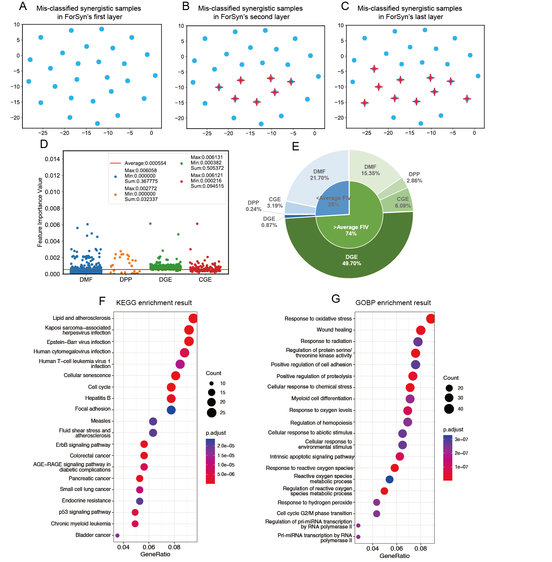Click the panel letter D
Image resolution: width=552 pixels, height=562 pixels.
click(44, 144)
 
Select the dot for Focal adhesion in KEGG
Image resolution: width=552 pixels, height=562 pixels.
click(171, 410)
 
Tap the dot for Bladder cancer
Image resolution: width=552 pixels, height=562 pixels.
click(117, 536)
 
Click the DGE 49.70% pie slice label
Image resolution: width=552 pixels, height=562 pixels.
click(352, 260)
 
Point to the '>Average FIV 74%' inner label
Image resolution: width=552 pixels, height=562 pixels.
click(351, 230)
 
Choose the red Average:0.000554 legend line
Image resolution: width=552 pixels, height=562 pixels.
click(115, 163)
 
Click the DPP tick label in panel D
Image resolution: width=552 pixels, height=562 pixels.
click(126, 280)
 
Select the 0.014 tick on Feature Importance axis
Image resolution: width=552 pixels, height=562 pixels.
click(52, 159)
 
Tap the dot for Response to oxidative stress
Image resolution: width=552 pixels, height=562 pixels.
click(431, 319)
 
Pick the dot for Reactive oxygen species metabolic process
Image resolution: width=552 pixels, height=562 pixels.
click(389, 479)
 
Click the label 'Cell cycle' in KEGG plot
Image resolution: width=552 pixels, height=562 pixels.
click(99, 387)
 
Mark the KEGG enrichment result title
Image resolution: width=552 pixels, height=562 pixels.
click(154, 303)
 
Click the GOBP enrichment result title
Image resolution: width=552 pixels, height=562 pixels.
click(393, 303)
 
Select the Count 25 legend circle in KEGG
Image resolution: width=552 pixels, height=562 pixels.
click(211, 413)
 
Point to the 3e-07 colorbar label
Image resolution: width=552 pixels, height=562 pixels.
click(461, 439)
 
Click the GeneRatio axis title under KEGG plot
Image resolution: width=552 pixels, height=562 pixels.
click(155, 554)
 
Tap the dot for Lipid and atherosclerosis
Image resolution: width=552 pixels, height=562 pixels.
click(193, 318)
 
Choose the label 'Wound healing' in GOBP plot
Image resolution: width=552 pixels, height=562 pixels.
click(334, 330)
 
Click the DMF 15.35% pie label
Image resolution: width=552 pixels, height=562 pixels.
click(370, 170)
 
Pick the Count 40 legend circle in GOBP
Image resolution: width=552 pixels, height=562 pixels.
click(449, 409)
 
